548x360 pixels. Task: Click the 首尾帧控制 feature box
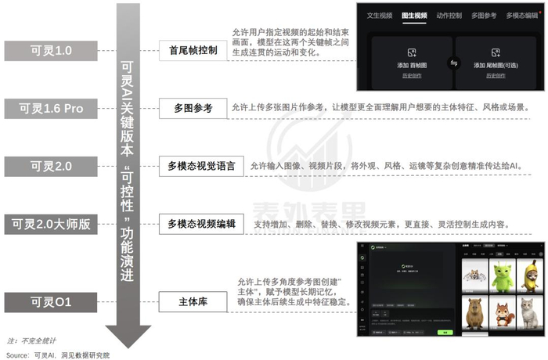(193, 50)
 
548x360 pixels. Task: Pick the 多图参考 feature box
(193, 107)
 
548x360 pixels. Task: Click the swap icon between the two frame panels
(453, 63)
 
